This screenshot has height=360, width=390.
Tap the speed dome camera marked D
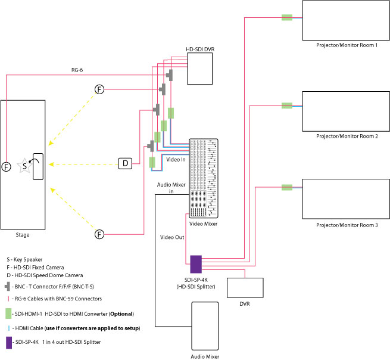click(x=125, y=163)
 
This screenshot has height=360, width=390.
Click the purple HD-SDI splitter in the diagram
click(x=196, y=263)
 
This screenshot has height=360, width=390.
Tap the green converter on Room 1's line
click(x=287, y=17)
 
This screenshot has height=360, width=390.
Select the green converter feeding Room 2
click(x=287, y=105)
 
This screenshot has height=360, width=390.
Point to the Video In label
click(x=176, y=160)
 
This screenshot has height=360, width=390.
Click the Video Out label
click(x=171, y=237)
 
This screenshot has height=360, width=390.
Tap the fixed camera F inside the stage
click(x=7, y=166)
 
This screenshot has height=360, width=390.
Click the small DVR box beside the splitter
click(x=245, y=287)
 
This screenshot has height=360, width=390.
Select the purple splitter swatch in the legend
click(x=8, y=343)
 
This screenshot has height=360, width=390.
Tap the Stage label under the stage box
click(x=22, y=235)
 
